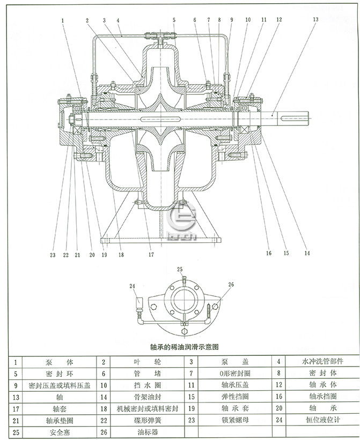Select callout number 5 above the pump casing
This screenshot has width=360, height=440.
pos(174,20)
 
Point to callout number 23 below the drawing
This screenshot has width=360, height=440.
pos(53,255)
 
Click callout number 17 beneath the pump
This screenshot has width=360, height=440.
pos(151,255)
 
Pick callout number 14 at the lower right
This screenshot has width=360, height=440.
pos(307,253)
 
